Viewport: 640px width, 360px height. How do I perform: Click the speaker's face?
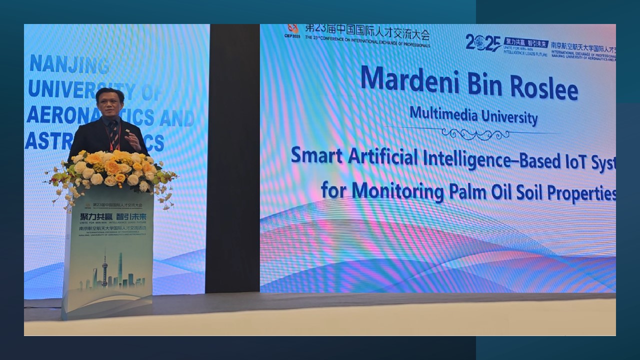click(x=110, y=103)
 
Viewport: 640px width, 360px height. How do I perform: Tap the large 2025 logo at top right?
click(x=482, y=43)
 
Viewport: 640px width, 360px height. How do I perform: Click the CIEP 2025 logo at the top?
click(x=292, y=31)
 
